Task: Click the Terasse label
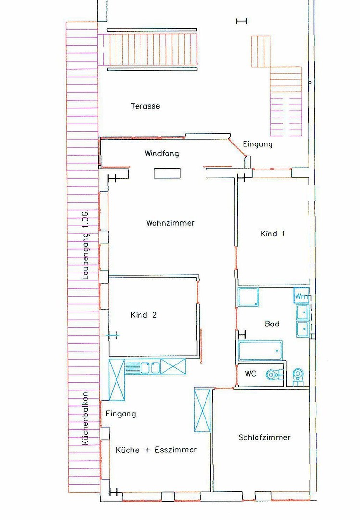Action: click(x=145, y=106)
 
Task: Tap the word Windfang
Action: click(x=162, y=153)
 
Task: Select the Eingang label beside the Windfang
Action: click(x=257, y=144)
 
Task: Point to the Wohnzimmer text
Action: click(x=170, y=223)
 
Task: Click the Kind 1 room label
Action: click(x=272, y=234)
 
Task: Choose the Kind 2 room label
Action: click(x=143, y=315)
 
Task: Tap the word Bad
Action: click(x=272, y=324)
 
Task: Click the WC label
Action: click(x=251, y=374)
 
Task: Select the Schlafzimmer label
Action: click(x=265, y=437)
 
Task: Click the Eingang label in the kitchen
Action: click(x=121, y=414)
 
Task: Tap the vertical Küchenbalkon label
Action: click(x=86, y=419)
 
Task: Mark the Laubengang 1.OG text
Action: click(x=86, y=245)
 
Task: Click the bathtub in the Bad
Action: click(x=260, y=351)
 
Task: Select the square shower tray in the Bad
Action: click(x=248, y=297)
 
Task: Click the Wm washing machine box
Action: click(x=301, y=296)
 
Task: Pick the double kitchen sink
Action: click(x=150, y=367)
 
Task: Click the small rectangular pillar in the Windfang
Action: click(x=167, y=173)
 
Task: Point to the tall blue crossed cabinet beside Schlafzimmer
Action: click(x=202, y=410)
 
